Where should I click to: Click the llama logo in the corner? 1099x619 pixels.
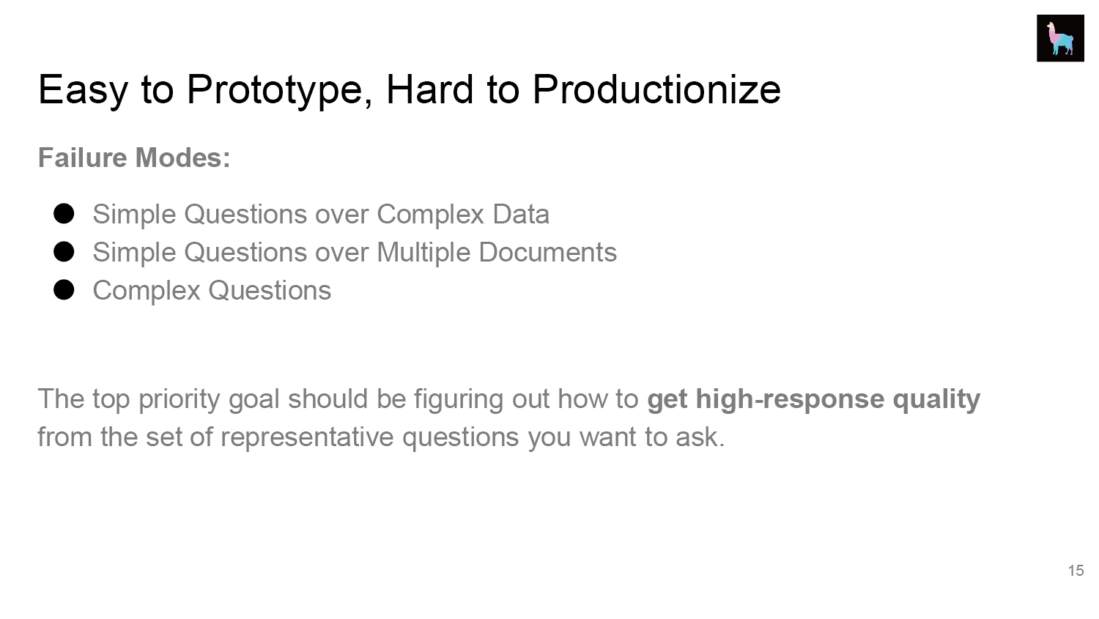tap(1060, 38)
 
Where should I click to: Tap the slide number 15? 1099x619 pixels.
tap(1076, 571)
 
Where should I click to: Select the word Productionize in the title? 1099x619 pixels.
tap(656, 89)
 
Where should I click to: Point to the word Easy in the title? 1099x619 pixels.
tap(83, 91)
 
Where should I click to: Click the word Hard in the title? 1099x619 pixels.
tap(430, 89)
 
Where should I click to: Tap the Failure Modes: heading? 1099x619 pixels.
tap(134, 157)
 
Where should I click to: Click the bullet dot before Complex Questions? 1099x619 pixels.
tap(64, 290)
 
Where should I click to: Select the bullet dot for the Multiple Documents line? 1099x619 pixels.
tap(64, 251)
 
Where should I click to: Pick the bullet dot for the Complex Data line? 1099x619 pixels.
tap(64, 214)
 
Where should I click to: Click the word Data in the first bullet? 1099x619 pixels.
tap(521, 215)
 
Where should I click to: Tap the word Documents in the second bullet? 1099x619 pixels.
tap(547, 252)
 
